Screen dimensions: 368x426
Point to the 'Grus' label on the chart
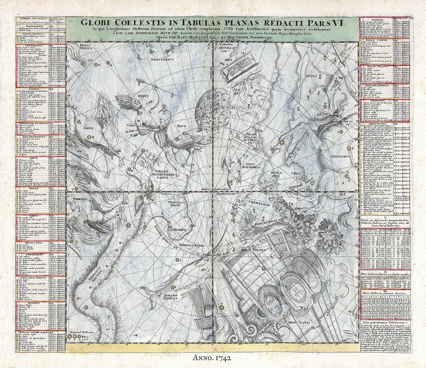point(88,128)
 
